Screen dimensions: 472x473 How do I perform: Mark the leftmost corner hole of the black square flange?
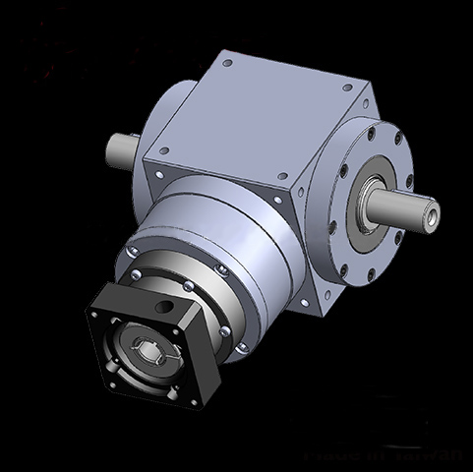(94, 315)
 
